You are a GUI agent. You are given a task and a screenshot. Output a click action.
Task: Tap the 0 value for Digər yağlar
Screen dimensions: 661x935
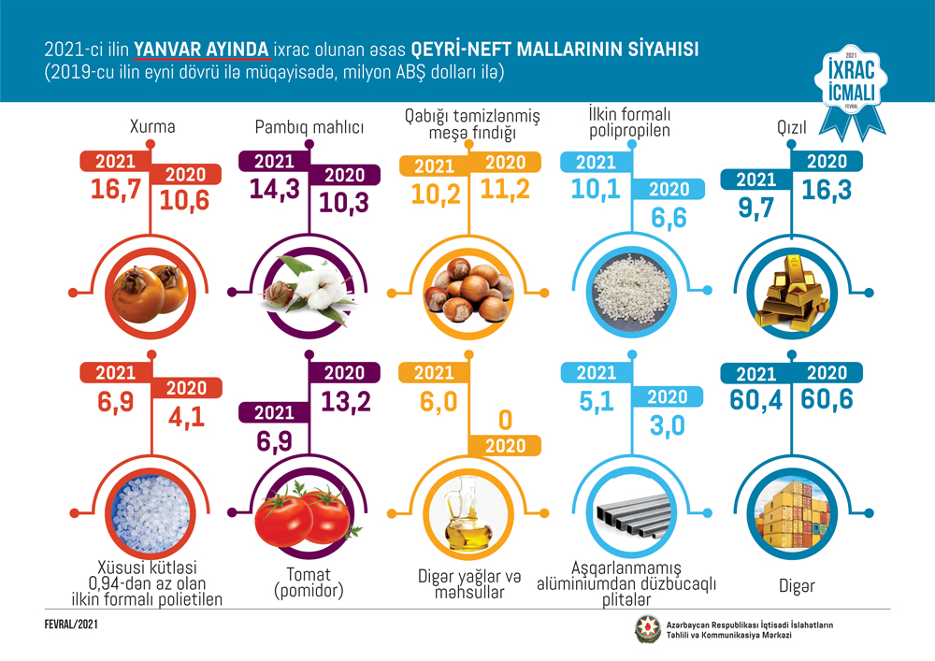pos(505,417)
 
